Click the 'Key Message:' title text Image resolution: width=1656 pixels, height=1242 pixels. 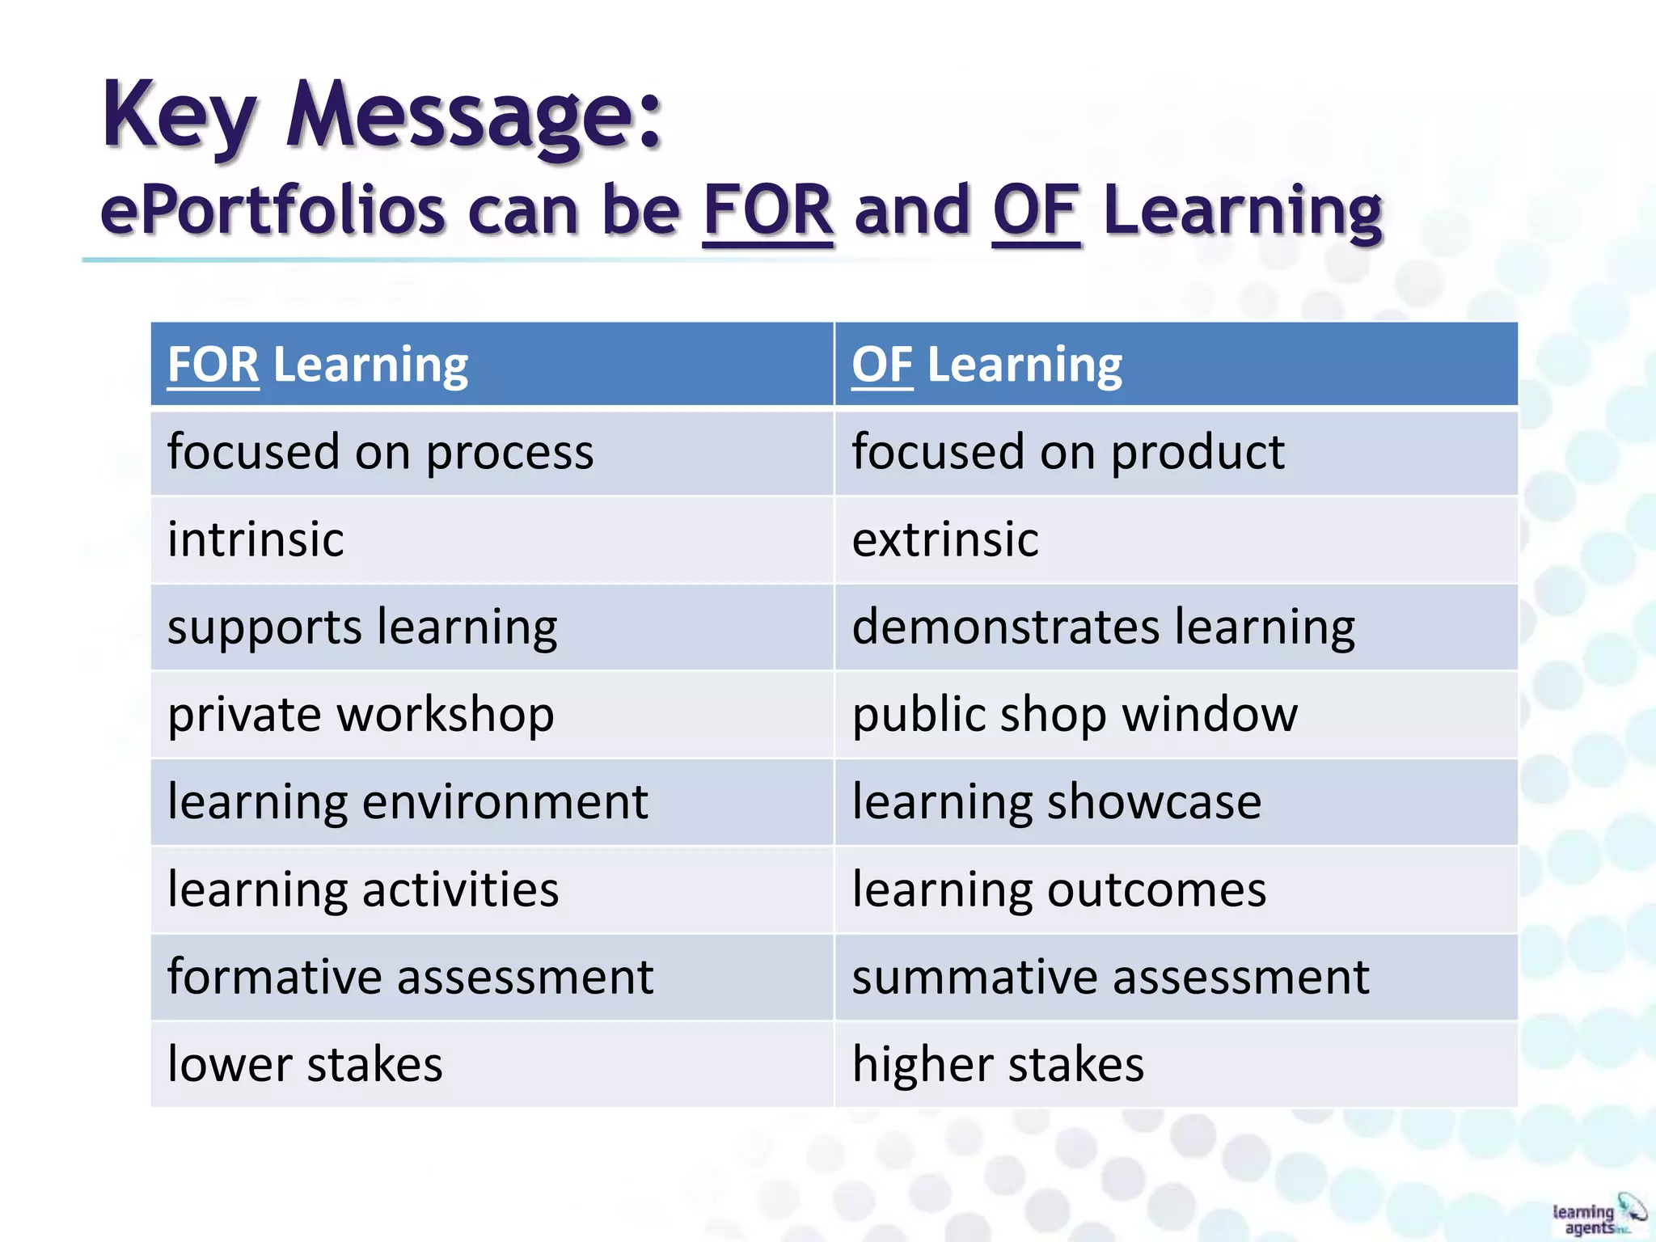(382, 115)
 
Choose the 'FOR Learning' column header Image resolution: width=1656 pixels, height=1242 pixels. (318, 365)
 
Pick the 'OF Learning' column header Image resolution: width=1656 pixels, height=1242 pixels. (986, 365)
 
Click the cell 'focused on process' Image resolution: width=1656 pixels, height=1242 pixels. (380, 452)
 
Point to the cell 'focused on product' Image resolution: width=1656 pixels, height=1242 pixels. (1067, 452)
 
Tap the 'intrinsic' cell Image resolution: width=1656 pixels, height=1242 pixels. (256, 539)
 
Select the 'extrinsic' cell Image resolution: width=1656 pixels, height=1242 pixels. (944, 539)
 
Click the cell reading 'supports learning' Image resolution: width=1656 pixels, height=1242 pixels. (362, 627)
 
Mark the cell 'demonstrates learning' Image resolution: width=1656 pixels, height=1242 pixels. (1103, 627)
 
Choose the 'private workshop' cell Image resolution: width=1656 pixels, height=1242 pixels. (361, 715)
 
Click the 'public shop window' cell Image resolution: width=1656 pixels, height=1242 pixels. (1075, 715)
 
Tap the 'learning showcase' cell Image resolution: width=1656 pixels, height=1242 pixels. (1056, 802)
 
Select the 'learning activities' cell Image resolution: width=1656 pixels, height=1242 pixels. (363, 889)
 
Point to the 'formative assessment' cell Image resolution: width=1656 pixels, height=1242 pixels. (410, 977)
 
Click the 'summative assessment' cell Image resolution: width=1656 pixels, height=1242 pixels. (1110, 977)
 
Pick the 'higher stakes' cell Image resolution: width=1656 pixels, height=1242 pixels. (998, 1064)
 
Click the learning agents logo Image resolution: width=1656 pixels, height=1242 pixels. (1597, 1215)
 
